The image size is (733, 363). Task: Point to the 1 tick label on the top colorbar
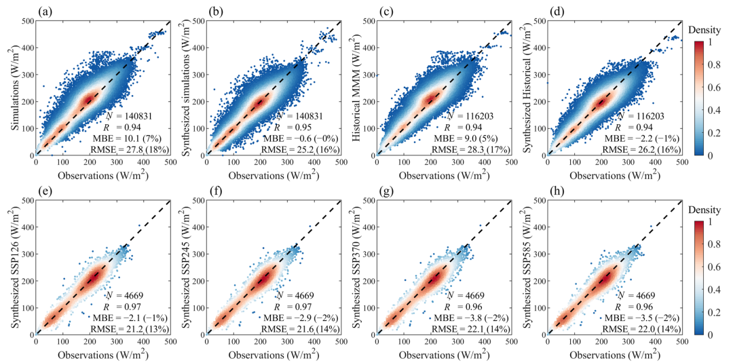[711, 43]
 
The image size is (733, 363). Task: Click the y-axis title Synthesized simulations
[183, 88]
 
